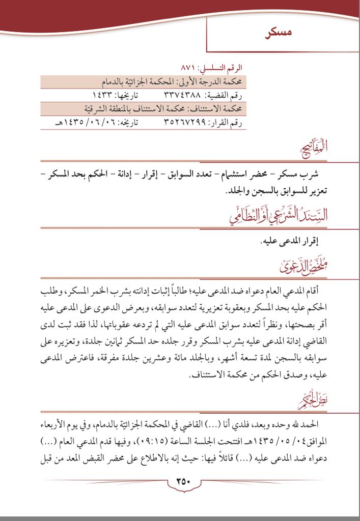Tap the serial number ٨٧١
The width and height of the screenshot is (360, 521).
pos(189,67)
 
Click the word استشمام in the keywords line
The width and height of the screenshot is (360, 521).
pos(234,175)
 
